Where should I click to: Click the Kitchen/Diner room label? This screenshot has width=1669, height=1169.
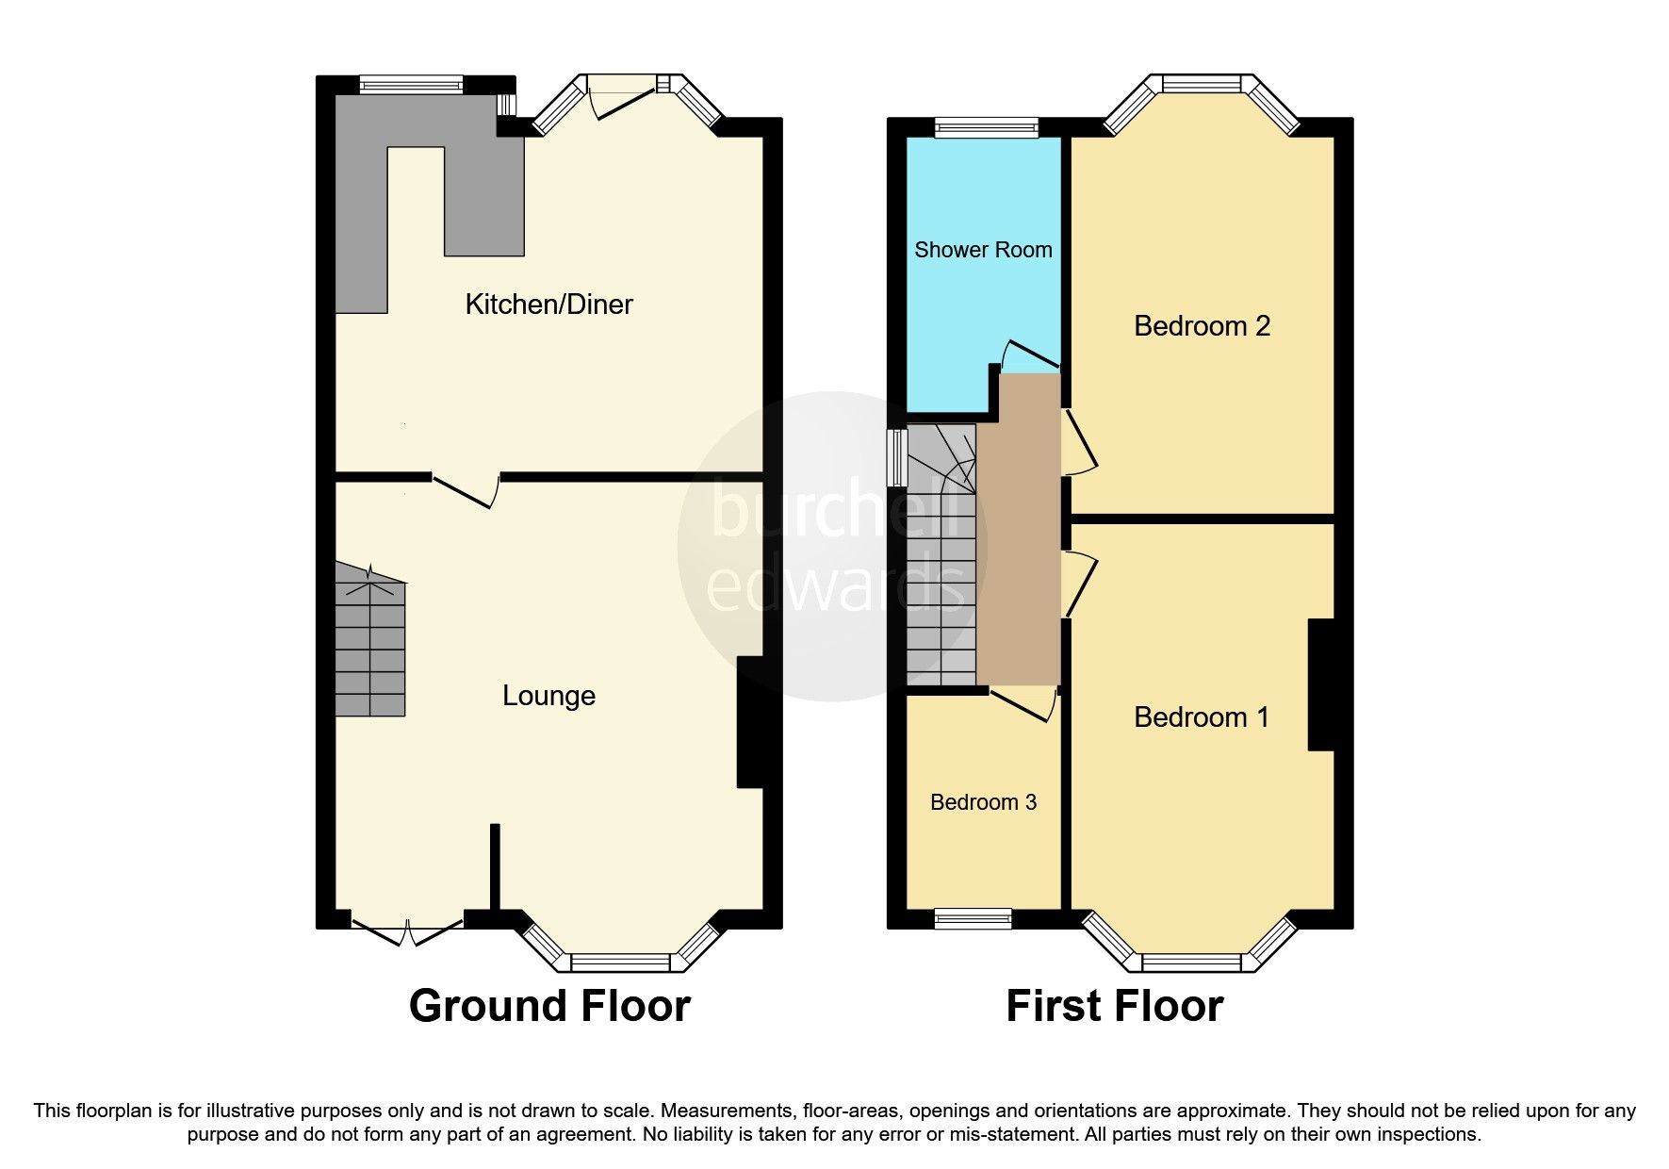(548, 305)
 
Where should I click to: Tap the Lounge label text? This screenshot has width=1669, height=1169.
(548, 696)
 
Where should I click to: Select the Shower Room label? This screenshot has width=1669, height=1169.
(983, 250)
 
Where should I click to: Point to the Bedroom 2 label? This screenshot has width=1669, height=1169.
(1202, 326)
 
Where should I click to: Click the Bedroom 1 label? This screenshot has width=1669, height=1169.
(1201, 717)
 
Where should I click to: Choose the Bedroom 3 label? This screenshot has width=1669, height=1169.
(983, 802)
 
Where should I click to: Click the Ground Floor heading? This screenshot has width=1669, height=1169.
(549, 1006)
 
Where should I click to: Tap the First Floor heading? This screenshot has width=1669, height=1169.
(1114, 1006)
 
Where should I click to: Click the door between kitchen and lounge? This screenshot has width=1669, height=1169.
(466, 490)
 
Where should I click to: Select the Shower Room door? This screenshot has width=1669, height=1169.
(1032, 354)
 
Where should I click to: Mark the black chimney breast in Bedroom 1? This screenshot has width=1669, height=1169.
(1321, 684)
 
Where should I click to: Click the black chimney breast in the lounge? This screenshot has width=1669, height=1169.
(749, 722)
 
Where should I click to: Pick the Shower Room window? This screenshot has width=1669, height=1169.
(986, 128)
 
